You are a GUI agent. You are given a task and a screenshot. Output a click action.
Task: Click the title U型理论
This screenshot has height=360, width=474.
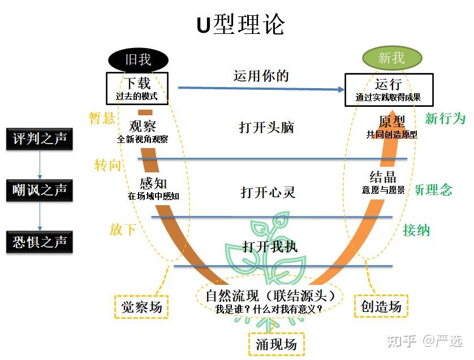click(x=240, y=25)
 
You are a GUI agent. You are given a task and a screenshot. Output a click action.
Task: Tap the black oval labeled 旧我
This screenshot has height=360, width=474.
click(x=138, y=59)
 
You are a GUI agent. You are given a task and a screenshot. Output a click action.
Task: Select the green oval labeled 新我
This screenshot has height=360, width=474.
click(x=391, y=58)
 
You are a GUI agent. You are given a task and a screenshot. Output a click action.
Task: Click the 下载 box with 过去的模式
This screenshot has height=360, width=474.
click(x=137, y=89)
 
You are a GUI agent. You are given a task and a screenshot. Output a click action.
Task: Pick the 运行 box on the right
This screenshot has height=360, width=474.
click(x=389, y=89)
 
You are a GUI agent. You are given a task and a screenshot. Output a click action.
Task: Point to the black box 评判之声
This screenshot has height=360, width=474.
click(x=40, y=138)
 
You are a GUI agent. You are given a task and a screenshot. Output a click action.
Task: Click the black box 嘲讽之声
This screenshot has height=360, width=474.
click(x=40, y=190)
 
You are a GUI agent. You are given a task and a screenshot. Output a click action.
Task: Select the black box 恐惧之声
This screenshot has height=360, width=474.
click(x=40, y=242)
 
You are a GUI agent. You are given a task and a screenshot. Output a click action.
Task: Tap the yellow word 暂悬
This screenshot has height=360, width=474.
click(x=102, y=118)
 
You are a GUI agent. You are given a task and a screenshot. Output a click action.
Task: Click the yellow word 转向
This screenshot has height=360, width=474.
click(x=108, y=165)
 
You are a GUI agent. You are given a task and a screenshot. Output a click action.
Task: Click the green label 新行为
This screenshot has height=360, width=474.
click(x=445, y=119)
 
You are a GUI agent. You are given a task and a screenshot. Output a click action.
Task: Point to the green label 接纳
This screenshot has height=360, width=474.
click(x=416, y=230)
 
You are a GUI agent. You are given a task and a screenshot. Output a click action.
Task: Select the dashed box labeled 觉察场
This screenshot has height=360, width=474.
click(x=141, y=306)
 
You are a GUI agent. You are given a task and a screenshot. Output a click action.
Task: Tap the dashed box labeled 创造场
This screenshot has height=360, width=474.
click(x=381, y=306)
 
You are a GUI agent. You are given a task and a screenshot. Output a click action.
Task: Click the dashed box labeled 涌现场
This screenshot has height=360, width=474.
click(x=277, y=344)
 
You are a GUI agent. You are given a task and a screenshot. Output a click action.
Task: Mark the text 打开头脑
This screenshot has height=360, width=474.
click(x=266, y=127)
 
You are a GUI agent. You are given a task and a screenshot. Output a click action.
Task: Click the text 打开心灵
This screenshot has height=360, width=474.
click(x=268, y=192)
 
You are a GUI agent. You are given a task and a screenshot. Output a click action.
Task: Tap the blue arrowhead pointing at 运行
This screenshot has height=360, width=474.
click(x=339, y=89)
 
